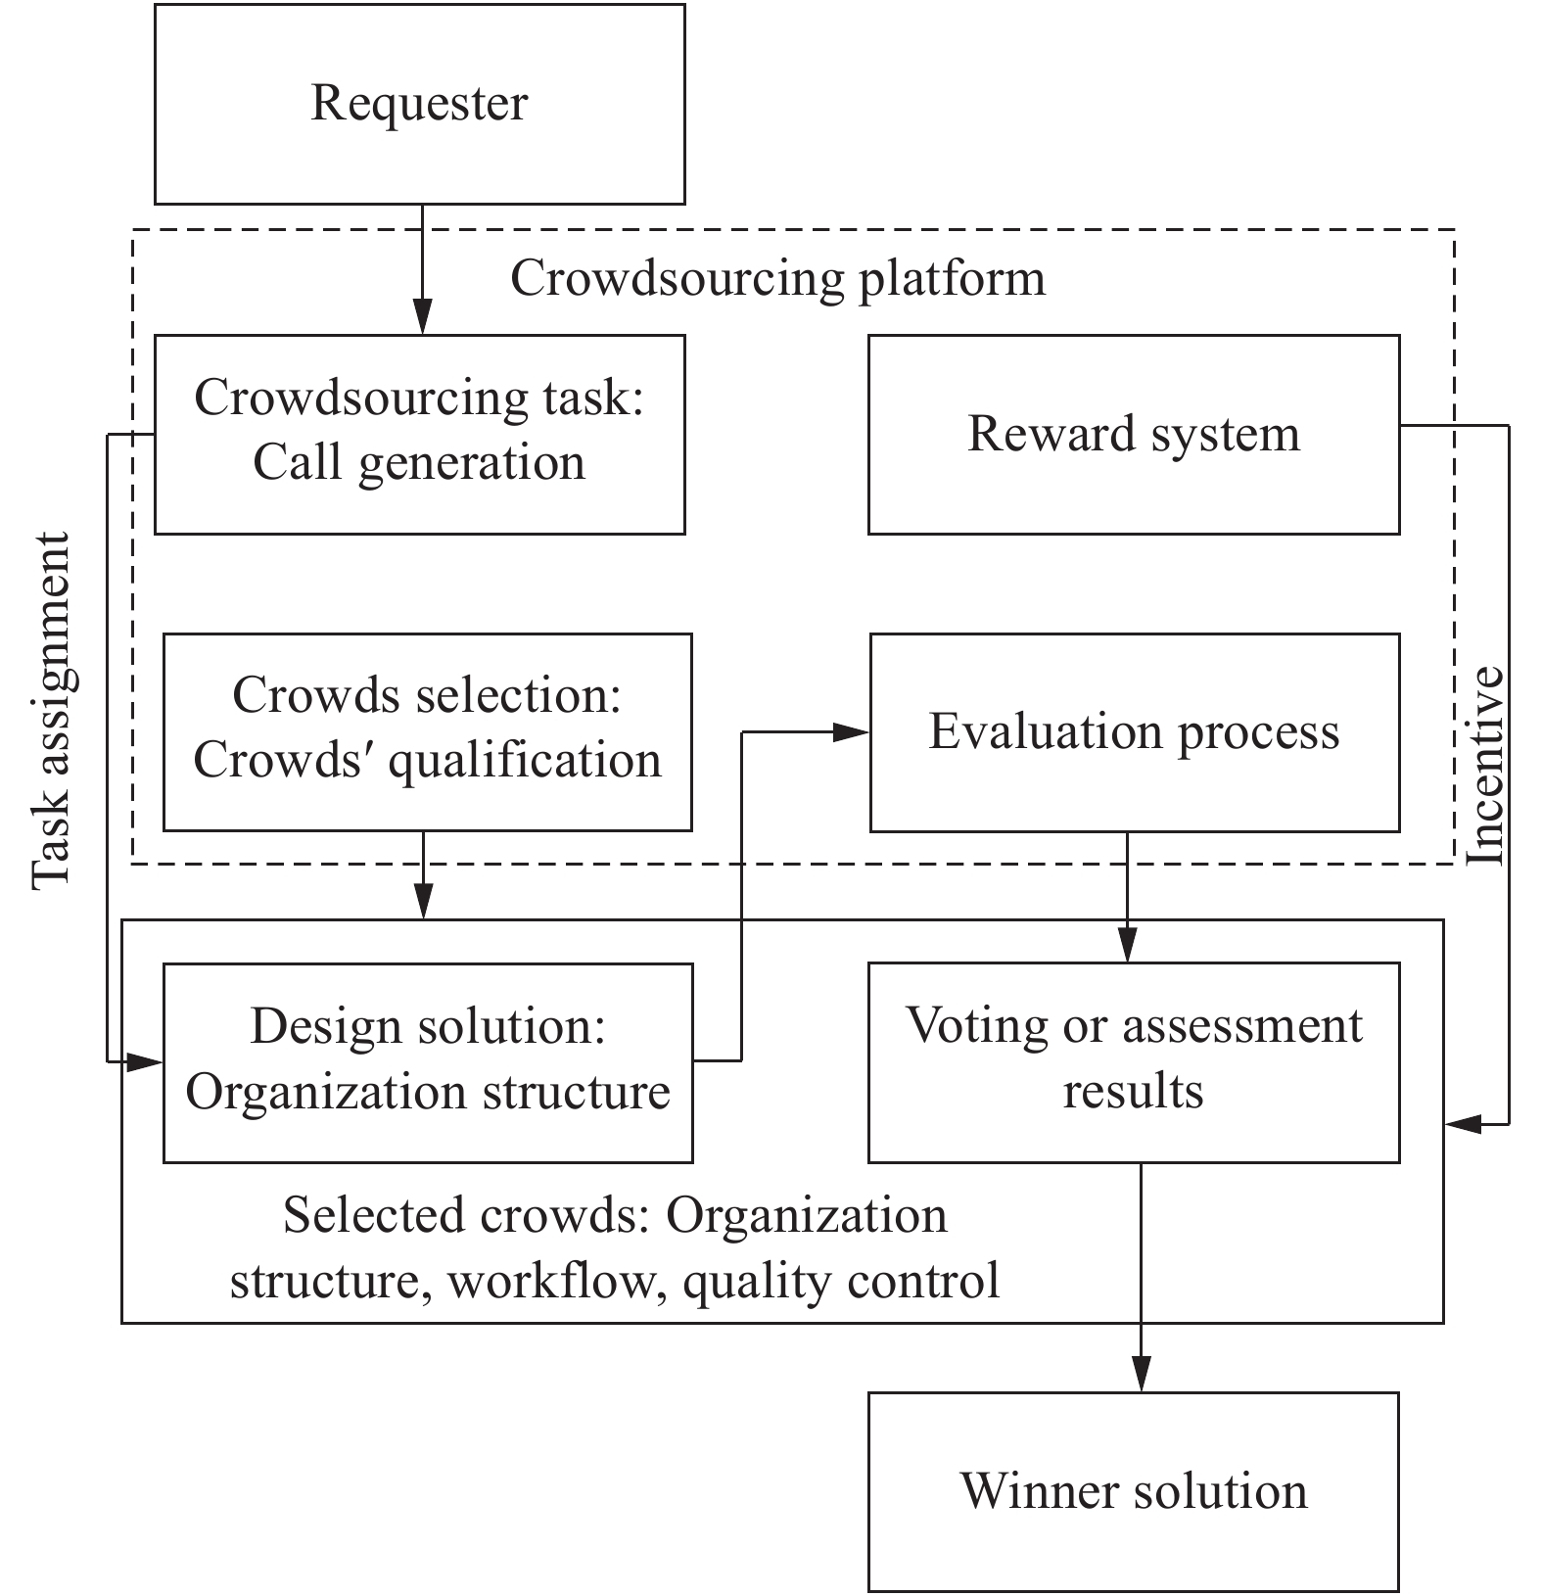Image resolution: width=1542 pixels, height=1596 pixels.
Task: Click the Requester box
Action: [419, 104]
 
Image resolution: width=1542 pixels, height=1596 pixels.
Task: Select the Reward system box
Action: [1133, 434]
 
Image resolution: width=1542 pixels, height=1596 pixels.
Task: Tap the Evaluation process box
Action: [1134, 731]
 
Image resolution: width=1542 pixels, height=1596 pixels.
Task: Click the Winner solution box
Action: [1133, 1490]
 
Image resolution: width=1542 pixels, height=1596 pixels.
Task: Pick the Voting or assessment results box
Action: [1133, 1061]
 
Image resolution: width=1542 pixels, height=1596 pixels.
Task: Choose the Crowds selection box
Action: [427, 730]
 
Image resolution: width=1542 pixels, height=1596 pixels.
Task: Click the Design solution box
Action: [427, 1061]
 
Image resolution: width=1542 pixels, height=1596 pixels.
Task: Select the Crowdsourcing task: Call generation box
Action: [419, 433]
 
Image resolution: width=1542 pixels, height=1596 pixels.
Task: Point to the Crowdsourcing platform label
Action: [777, 278]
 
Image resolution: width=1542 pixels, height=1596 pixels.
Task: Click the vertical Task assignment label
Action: [51, 711]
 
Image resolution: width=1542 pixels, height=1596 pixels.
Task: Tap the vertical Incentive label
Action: [1484, 766]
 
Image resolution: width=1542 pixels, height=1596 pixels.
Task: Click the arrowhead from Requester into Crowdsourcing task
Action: [422, 317]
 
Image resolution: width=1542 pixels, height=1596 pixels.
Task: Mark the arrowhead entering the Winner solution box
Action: [1141, 1374]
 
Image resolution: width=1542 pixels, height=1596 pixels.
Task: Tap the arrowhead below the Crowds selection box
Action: [423, 900]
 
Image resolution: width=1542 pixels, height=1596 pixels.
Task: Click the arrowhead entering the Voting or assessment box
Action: [1127, 945]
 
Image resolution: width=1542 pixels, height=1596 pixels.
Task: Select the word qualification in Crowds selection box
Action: [525, 761]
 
